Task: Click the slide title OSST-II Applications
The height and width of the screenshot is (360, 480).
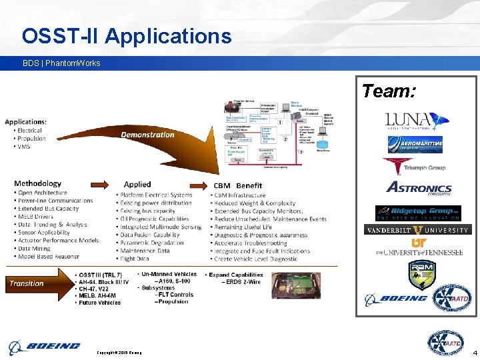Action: click(x=127, y=35)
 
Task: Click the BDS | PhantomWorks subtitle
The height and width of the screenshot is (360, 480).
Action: click(x=61, y=63)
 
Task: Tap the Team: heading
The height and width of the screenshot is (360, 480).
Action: click(x=389, y=91)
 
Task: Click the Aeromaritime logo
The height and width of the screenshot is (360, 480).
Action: click(x=415, y=145)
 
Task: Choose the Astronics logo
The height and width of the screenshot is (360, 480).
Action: click(x=419, y=189)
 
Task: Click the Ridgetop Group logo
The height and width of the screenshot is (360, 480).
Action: click(x=418, y=212)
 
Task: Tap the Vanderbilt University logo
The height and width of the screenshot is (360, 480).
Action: click(x=417, y=230)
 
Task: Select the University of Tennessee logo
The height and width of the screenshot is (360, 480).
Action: click(x=419, y=248)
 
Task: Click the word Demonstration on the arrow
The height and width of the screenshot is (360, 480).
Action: click(x=148, y=135)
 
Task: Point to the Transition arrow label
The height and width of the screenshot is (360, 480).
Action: click(x=27, y=283)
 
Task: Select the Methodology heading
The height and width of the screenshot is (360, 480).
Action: click(x=37, y=183)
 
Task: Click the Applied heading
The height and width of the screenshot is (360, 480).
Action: click(x=137, y=184)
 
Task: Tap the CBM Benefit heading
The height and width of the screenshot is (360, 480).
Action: click(x=238, y=185)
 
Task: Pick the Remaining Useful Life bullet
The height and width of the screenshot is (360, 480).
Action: click(x=243, y=227)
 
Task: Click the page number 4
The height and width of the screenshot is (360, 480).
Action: click(x=474, y=351)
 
